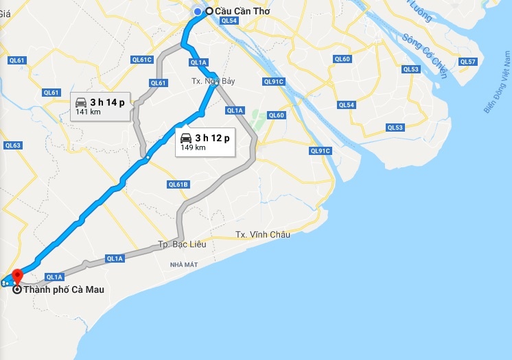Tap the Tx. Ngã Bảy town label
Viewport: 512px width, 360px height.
pyautogui.click(x=213, y=82)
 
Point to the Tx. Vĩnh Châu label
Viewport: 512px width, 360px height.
pyautogui.click(x=263, y=235)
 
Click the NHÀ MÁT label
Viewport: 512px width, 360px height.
pyautogui.click(x=185, y=263)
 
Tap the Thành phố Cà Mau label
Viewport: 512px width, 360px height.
pyautogui.click(x=64, y=289)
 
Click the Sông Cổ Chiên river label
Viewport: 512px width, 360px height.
pyautogui.click(x=425, y=56)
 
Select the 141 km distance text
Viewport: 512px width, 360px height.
pyautogui.click(x=89, y=112)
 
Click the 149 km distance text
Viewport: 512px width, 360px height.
pyautogui.click(x=193, y=147)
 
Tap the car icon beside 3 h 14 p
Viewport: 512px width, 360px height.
pyautogui.click(x=80, y=102)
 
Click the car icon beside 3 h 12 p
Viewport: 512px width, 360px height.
pyautogui.click(x=185, y=137)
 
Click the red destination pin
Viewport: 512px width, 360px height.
pyautogui.click(x=18, y=276)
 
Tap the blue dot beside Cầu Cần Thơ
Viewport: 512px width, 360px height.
pyautogui.click(x=198, y=11)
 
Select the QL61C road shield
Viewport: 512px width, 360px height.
pyautogui.click(x=142, y=60)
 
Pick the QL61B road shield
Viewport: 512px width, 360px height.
pyautogui.click(x=178, y=184)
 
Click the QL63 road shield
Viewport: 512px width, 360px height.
pyautogui.click(x=13, y=145)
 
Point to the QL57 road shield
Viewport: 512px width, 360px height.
pyautogui.click(x=467, y=62)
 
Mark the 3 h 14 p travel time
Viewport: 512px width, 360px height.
pyautogui.click(x=107, y=102)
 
